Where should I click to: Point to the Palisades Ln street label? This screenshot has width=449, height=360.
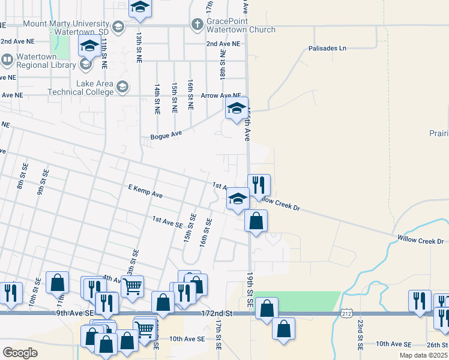(327, 48)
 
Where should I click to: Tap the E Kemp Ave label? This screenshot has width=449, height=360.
(146, 191)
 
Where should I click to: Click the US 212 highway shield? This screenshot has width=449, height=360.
(346, 313)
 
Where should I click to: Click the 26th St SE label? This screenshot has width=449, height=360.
(435, 344)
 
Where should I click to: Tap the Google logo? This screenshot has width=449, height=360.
(20, 353)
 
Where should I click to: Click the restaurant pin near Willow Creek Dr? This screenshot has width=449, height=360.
(259, 185)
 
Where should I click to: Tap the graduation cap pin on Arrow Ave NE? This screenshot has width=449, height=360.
(237, 109)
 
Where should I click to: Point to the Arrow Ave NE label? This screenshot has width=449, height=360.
(221, 95)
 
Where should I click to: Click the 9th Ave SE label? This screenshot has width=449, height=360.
(76, 313)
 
